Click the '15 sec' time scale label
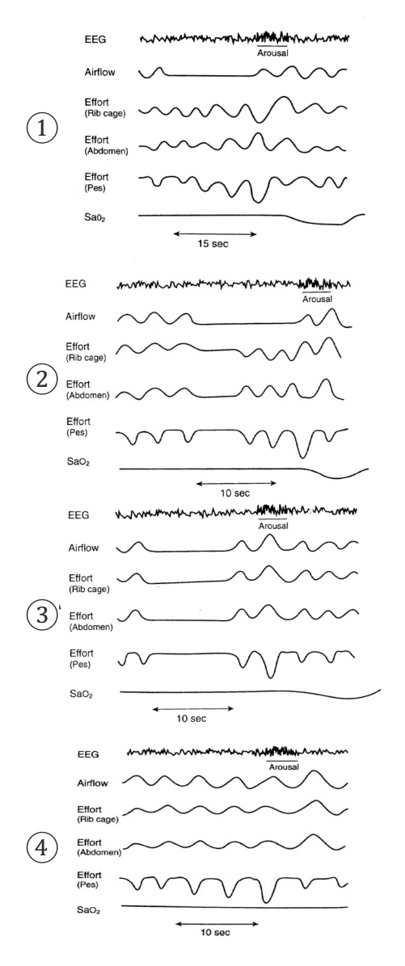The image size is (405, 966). click(213, 244)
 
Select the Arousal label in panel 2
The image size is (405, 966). click(318, 300)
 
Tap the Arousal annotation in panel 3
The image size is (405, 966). click(273, 526)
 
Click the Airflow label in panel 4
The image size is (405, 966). click(92, 783)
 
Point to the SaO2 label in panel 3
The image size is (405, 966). click(80, 695)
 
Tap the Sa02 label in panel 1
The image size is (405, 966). click(96, 216)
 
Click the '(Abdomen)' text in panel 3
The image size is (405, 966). click(90, 627)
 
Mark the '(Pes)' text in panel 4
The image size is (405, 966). click(89, 884)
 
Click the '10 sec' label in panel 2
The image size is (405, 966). click(235, 493)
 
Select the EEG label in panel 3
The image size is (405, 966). click(78, 515)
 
